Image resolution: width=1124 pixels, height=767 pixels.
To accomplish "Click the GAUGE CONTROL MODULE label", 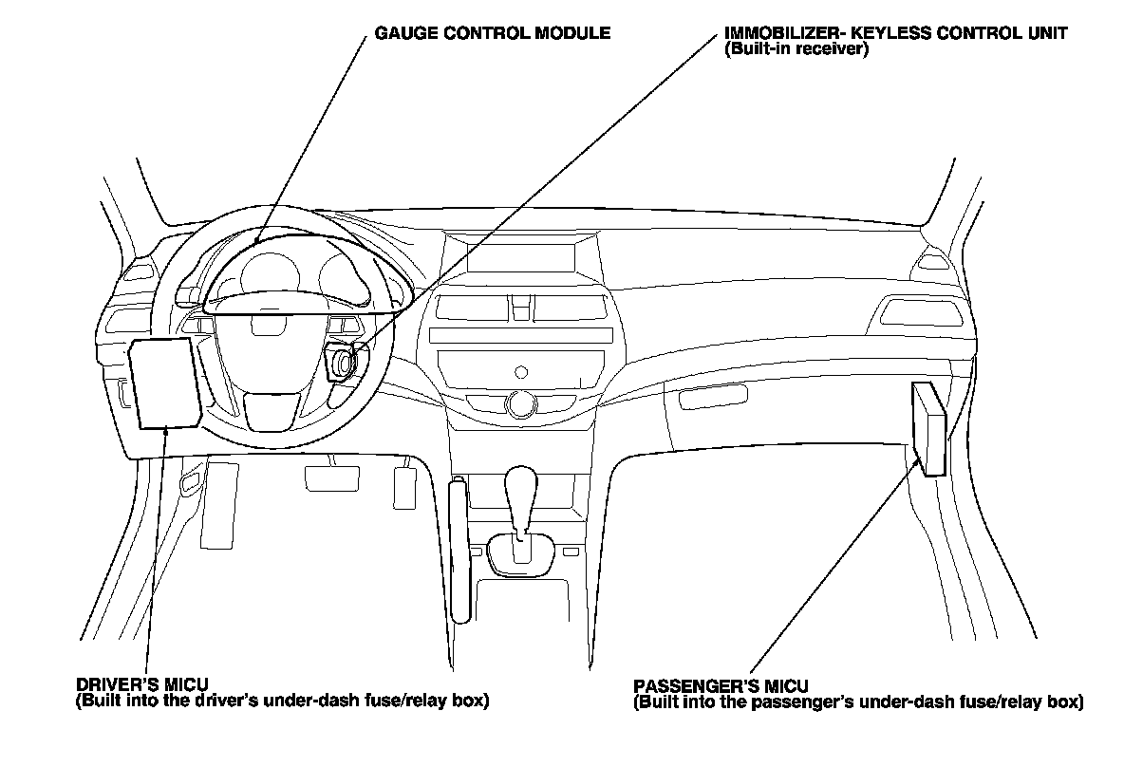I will (492, 33).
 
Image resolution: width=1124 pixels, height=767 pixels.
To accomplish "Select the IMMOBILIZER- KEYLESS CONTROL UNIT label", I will (895, 33).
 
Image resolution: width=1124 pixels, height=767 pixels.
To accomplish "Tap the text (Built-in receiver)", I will (796, 48).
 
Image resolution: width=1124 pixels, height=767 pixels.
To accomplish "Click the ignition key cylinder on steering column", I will (341, 363).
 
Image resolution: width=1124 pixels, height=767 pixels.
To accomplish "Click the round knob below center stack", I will (519, 404).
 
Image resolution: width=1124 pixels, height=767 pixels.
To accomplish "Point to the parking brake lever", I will (460, 551).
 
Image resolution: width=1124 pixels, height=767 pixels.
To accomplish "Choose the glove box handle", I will (706, 398).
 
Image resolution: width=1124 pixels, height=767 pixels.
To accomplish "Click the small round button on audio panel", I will (520, 369).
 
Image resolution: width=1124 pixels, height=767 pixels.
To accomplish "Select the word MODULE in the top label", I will (575, 33).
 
